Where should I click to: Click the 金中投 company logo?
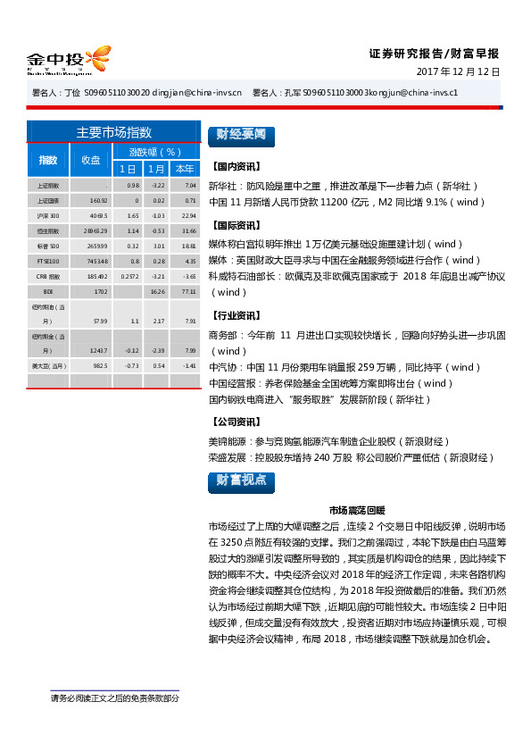pyautogui.click(x=67, y=61)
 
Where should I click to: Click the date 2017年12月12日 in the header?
pyautogui.click(x=459, y=71)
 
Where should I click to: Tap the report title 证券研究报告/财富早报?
pyautogui.click(x=434, y=53)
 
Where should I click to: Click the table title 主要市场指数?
pyautogui.click(x=114, y=132)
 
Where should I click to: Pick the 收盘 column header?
pyautogui.click(x=90, y=160)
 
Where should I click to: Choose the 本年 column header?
pyautogui.click(x=185, y=169)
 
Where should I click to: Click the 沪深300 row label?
pyautogui.click(x=48, y=216)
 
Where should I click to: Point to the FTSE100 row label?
pyautogui.click(x=48, y=261)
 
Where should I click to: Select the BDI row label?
pyautogui.click(x=48, y=291)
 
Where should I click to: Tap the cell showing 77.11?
pyautogui.click(x=187, y=291)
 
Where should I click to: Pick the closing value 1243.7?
pyautogui.click(x=98, y=350)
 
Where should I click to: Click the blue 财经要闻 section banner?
pyautogui.click(x=239, y=135)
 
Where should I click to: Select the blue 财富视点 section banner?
pyautogui.click(x=239, y=480)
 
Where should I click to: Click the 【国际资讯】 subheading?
pyautogui.click(x=236, y=225)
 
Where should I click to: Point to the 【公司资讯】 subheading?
pyautogui.click(x=236, y=421)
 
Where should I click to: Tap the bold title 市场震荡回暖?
pyautogui.click(x=356, y=510)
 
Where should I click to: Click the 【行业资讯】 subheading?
pyautogui.click(x=236, y=315)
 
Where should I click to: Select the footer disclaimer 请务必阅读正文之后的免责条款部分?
pyautogui.click(x=114, y=698)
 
